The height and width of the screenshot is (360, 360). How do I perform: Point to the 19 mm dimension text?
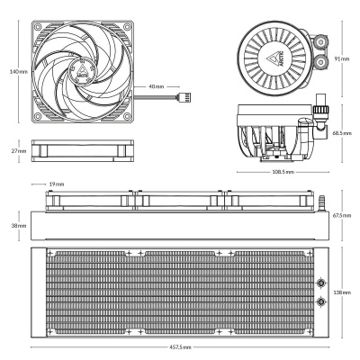(x=57, y=183)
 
